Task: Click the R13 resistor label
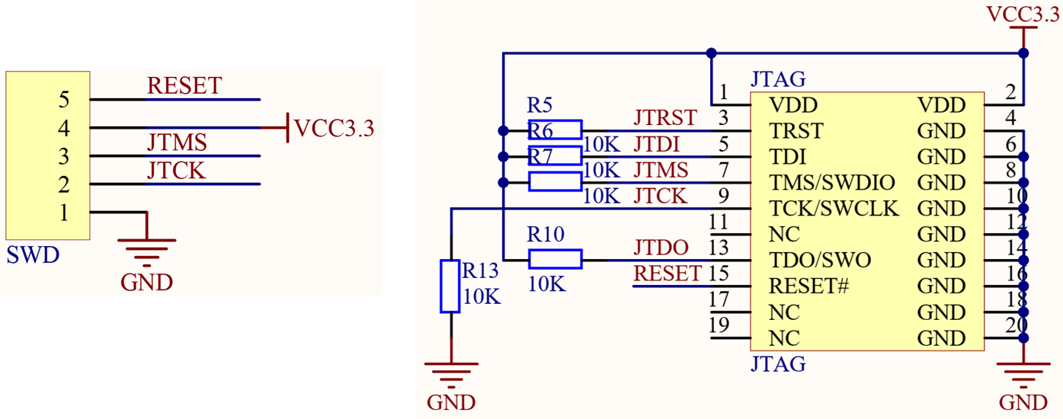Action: pyautogui.click(x=479, y=270)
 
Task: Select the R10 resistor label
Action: pyautogui.click(x=546, y=235)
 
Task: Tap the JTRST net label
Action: pyautogui.click(x=664, y=118)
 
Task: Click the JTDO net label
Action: pyautogui.click(x=661, y=248)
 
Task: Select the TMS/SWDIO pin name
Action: pyautogui.click(x=831, y=183)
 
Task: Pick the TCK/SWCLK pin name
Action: pyautogui.click(x=834, y=209)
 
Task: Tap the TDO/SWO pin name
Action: pyautogui.click(x=820, y=261)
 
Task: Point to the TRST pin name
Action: pyautogui.click(x=796, y=131)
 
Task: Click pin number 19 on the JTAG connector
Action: pyautogui.click(x=719, y=325)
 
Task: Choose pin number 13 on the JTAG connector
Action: pyautogui.click(x=719, y=248)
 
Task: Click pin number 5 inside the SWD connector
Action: pyautogui.click(x=64, y=100)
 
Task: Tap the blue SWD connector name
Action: pyautogui.click(x=33, y=255)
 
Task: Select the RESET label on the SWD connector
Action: pyautogui.click(x=184, y=86)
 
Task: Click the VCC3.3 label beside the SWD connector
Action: pyautogui.click(x=334, y=128)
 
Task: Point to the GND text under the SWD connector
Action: pyautogui.click(x=146, y=283)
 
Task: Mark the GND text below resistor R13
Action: pyautogui.click(x=451, y=402)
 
